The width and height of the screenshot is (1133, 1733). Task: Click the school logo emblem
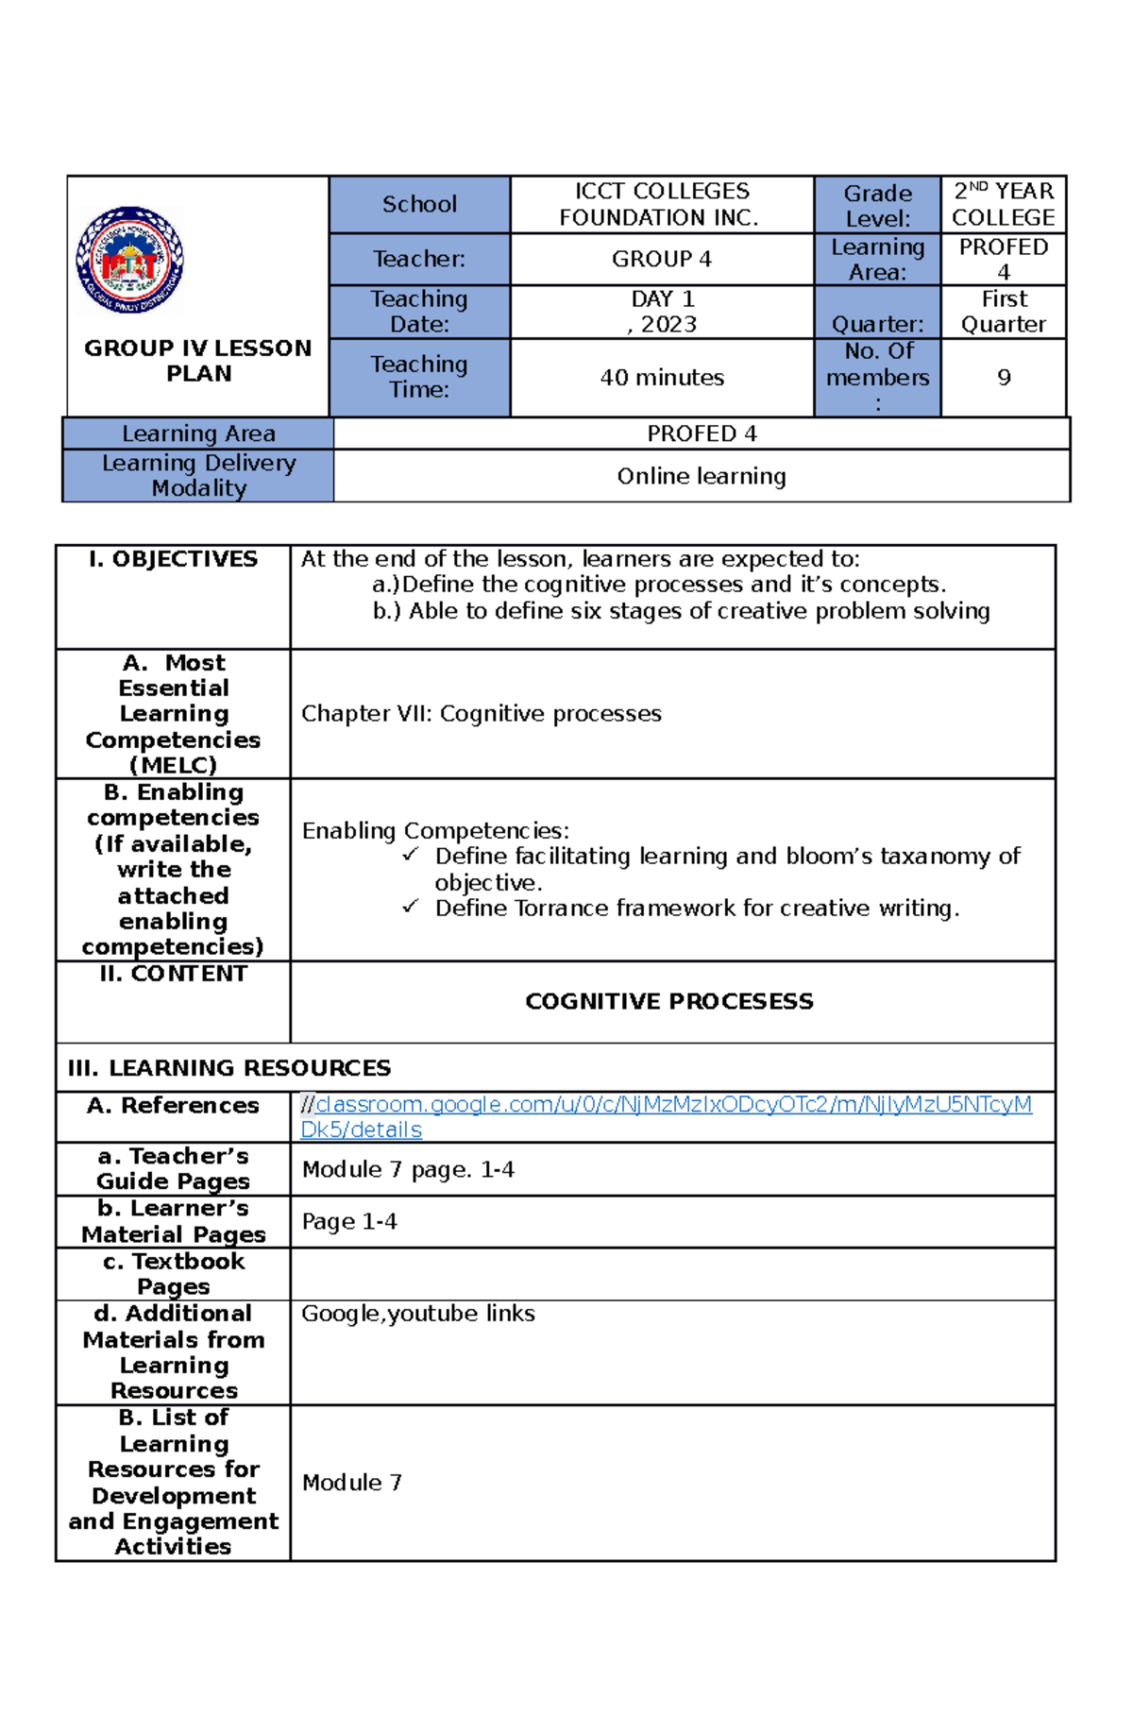pyautogui.click(x=129, y=260)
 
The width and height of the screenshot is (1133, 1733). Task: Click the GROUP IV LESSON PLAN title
pyautogui.click(x=198, y=361)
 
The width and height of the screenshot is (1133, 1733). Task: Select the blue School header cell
pyautogui.click(x=419, y=204)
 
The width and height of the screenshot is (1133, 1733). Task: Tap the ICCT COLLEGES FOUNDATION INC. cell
pyautogui.click(x=661, y=204)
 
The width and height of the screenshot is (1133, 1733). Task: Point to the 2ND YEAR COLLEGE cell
pyautogui.click(x=1003, y=204)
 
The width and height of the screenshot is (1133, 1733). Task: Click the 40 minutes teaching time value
pyautogui.click(x=662, y=378)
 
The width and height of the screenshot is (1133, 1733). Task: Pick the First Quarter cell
pyautogui.click(x=1003, y=312)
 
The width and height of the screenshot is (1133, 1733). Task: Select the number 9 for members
pyautogui.click(x=1004, y=378)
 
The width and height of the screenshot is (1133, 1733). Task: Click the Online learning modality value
pyautogui.click(x=702, y=476)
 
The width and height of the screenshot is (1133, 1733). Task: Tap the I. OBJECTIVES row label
pyautogui.click(x=173, y=559)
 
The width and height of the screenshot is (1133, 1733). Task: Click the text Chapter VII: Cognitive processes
pyautogui.click(x=481, y=714)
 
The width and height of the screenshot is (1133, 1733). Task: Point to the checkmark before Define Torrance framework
pyautogui.click(x=410, y=907)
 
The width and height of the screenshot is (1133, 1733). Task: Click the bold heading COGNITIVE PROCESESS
pyautogui.click(x=668, y=1001)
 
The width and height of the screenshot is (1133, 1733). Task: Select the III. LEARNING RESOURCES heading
pyautogui.click(x=228, y=1068)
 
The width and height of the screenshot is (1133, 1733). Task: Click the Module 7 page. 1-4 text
pyautogui.click(x=408, y=1170)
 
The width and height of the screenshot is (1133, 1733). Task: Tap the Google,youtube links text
pyautogui.click(x=417, y=1314)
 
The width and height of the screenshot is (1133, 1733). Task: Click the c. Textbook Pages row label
pyautogui.click(x=173, y=1274)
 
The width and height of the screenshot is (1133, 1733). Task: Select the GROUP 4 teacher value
pyautogui.click(x=661, y=259)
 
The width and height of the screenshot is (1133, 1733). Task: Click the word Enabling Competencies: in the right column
pyautogui.click(x=435, y=831)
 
